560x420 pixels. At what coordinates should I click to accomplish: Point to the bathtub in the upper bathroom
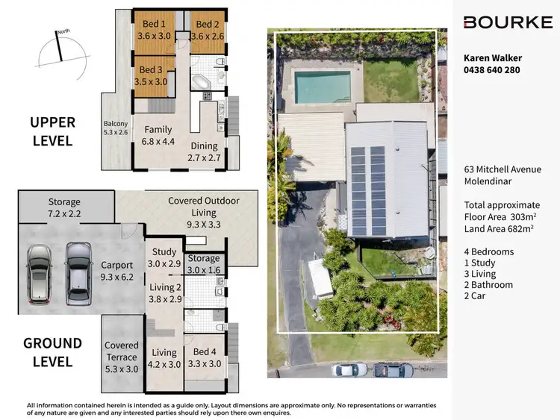click(x=202, y=81)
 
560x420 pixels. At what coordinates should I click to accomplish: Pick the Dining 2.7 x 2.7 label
click(x=204, y=152)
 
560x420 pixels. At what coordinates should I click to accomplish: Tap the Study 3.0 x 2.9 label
click(x=164, y=258)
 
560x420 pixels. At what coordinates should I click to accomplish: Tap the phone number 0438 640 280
click(x=491, y=70)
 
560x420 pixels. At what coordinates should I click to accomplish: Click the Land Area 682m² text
click(x=499, y=228)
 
